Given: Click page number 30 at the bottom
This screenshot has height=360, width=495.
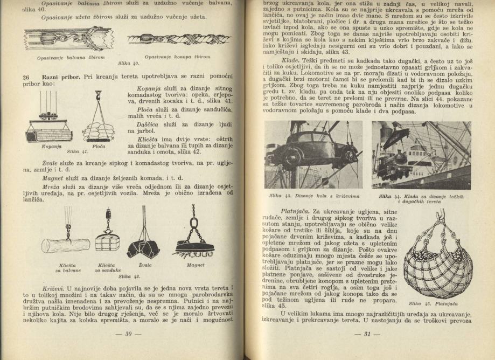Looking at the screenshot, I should point(129,334).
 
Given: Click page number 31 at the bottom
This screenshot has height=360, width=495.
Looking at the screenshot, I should point(360,334).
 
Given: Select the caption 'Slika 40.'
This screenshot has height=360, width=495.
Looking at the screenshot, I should point(128,63).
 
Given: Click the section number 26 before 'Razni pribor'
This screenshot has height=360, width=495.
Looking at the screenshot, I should point(25,78).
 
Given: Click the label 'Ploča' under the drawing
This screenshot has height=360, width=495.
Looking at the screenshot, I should point(99,146).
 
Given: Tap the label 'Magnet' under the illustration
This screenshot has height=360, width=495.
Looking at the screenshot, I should point(196,265).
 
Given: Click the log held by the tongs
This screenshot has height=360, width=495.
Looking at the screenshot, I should point(66,245).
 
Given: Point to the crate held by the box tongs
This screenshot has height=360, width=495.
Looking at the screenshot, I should point(107,243).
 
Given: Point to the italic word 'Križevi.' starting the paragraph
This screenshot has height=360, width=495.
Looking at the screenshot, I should point(53,282).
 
